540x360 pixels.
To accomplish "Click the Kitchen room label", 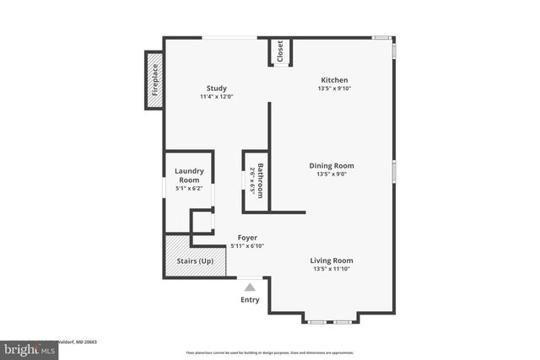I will tap(333, 80).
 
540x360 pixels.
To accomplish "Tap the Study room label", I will tap(216, 89).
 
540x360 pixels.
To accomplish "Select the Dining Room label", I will tap(331, 166).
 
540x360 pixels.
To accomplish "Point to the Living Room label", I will tap(331, 261).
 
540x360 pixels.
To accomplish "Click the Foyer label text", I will tap(247, 238).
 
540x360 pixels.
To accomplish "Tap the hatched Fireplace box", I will tap(154, 81).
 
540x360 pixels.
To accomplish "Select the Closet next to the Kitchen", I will tap(280, 51).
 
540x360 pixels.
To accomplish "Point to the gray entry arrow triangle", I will tap(250, 287).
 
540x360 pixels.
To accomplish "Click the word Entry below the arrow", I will tap(250, 300).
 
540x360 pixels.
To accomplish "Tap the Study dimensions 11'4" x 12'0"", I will tap(216, 97).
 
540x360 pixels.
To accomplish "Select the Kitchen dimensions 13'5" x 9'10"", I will tap(333, 89).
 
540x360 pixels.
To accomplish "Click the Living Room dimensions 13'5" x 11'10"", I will tap(331, 270).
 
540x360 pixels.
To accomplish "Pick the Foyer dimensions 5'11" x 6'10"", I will tap(247, 246).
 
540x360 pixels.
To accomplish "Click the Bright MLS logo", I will tap(29, 347).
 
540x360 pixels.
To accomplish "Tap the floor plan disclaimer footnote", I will tap(269, 353).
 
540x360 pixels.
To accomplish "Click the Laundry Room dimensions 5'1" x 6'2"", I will tap(189, 189).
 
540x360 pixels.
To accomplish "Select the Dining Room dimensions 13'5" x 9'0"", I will tap(331, 175).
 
